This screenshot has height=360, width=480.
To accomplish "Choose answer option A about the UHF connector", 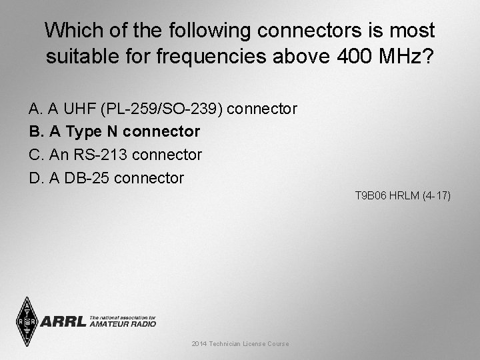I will pos(163,108).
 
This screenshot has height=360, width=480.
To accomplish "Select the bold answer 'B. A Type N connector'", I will pos(114,131).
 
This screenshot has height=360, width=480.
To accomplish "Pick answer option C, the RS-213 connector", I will pos(115,155).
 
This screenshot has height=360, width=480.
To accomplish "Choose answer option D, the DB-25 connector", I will pos(106,178).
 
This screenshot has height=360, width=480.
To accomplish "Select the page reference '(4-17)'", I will pos(436,196).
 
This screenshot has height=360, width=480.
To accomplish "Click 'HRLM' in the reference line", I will pos(403,196).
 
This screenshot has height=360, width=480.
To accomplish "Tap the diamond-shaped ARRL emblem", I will pos(26,321).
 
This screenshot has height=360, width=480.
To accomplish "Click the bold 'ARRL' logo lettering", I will pos(63,322).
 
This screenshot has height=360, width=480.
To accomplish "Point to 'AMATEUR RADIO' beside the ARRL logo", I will pos(123,324).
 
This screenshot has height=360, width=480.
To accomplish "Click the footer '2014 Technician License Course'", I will pos(240,344).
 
